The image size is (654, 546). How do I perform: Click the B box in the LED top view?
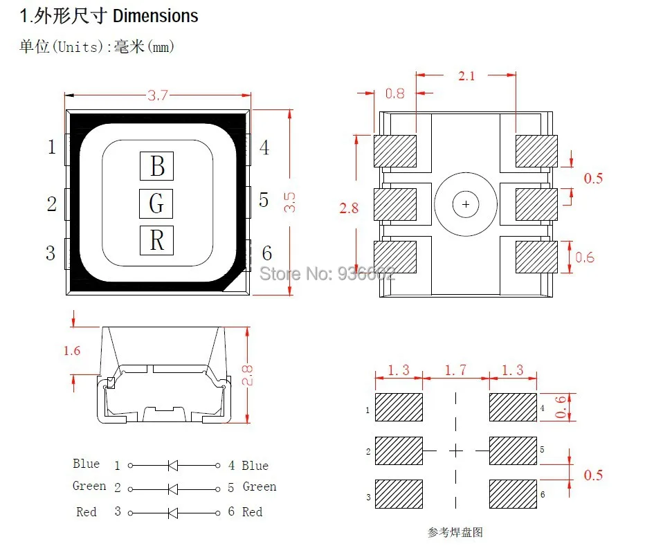coord(156,166)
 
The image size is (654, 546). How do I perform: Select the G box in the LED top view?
coord(156,203)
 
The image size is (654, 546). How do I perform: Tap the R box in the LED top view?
coord(156,240)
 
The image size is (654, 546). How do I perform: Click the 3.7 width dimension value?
coord(158,95)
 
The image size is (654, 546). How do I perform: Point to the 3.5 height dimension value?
coord(289,202)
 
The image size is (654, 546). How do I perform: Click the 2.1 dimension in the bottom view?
coord(466,76)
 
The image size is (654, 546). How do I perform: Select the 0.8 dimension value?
coord(394,93)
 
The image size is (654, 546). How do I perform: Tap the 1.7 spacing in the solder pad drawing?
coord(455,370)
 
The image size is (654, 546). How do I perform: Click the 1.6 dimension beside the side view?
coord(72,351)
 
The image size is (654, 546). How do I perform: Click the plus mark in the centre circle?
coord(466,204)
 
